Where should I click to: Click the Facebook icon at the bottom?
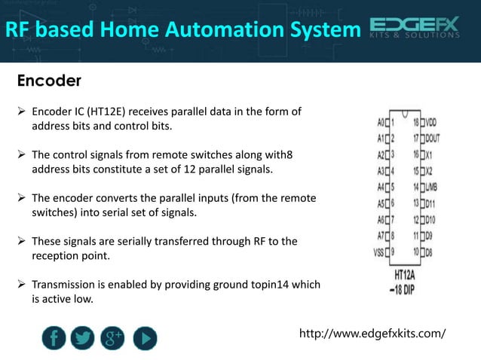point(54,339)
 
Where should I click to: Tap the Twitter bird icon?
point(83,339)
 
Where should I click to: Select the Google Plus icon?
point(113,339)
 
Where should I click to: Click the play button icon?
point(145,339)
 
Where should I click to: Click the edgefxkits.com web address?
point(372,333)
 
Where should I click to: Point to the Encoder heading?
point(49,80)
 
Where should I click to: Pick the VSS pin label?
point(380,252)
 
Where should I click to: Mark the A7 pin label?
point(381,236)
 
